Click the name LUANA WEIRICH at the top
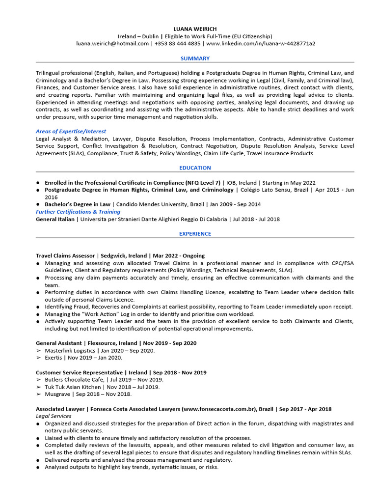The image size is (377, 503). (x=195, y=29)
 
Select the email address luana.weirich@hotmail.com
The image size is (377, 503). (x=112, y=44)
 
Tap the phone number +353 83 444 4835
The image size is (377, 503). (x=177, y=44)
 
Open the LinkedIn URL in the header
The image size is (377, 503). (x=261, y=44)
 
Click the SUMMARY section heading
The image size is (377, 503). (x=195, y=58)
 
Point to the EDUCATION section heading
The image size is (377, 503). (x=195, y=168)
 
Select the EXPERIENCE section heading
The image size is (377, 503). (x=195, y=234)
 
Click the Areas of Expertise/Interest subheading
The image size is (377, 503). (x=71, y=132)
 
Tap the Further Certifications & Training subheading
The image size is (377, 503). (x=78, y=212)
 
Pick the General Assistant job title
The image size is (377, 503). (x=59, y=343)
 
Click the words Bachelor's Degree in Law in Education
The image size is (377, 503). (x=78, y=204)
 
